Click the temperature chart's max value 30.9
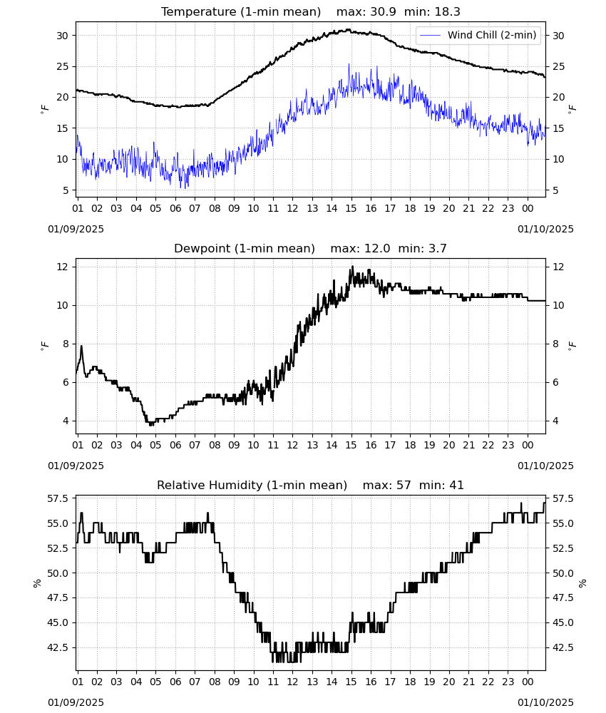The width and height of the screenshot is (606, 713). click(x=384, y=12)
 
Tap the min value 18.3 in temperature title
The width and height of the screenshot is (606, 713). click(x=447, y=12)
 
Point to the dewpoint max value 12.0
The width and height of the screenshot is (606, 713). click(x=377, y=249)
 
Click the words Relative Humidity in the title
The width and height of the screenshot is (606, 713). click(x=210, y=485)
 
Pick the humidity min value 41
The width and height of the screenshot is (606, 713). click(x=456, y=485)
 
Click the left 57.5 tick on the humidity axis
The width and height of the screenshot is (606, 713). click(x=58, y=499)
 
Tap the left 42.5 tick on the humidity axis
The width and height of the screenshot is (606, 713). click(x=58, y=647)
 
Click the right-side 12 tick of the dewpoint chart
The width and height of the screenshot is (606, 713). click(x=558, y=267)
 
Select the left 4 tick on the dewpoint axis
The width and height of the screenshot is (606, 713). click(x=65, y=421)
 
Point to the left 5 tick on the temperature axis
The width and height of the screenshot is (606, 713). click(x=65, y=190)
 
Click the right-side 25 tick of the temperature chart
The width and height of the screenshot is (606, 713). click(x=558, y=67)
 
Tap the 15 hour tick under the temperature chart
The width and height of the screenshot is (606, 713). click(x=351, y=209)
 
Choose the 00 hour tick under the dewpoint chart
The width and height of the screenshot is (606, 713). click(x=528, y=445)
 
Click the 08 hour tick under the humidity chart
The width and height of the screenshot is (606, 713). click(x=215, y=682)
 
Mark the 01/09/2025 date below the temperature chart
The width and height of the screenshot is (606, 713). click(x=76, y=229)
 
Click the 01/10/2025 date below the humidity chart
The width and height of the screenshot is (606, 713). click(x=545, y=702)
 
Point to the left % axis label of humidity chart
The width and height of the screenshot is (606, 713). click(x=37, y=583)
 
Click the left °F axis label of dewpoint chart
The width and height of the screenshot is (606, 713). click(x=44, y=345)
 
